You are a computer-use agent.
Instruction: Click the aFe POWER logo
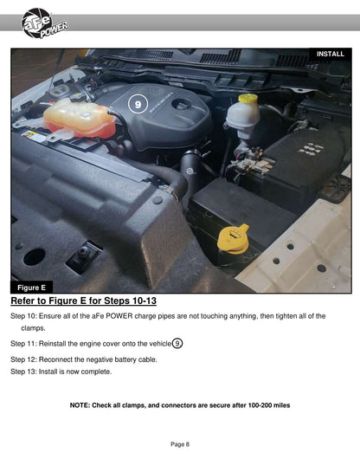click(x=44, y=23)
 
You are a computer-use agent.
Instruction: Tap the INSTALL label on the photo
click(x=331, y=54)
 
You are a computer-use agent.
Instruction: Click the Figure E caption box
click(x=31, y=288)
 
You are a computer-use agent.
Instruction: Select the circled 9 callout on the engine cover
click(x=138, y=104)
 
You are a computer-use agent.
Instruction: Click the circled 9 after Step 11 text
click(x=177, y=344)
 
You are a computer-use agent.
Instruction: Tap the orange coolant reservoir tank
click(x=80, y=120)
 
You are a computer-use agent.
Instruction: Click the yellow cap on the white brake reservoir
click(x=247, y=98)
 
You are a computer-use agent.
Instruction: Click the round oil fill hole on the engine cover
click(x=182, y=104)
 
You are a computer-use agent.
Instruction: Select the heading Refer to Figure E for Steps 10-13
click(x=83, y=301)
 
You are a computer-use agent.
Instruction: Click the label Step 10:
click(x=23, y=316)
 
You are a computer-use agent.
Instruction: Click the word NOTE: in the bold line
click(x=80, y=405)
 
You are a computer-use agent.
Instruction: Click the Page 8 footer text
click(x=180, y=444)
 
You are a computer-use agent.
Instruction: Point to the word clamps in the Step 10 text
click(x=33, y=328)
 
